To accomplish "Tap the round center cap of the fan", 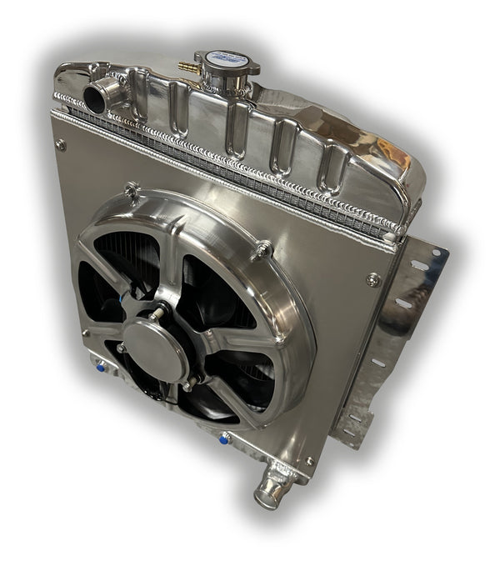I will point(154,348).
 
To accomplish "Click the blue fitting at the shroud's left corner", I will point(101,365).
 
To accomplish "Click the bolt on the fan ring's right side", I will point(263,248).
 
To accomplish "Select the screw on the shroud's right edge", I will point(372,279).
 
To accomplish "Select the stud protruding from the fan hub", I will point(156,316).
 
